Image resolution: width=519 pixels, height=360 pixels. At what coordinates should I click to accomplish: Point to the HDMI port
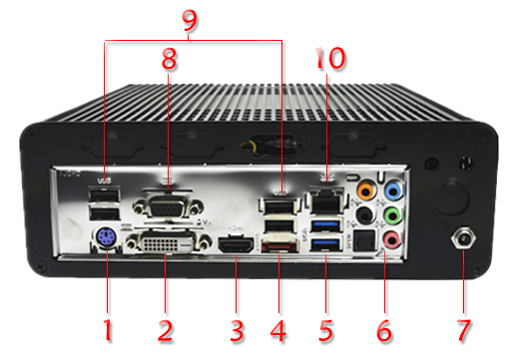[236, 244]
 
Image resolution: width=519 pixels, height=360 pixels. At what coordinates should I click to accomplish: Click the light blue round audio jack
[394, 189]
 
